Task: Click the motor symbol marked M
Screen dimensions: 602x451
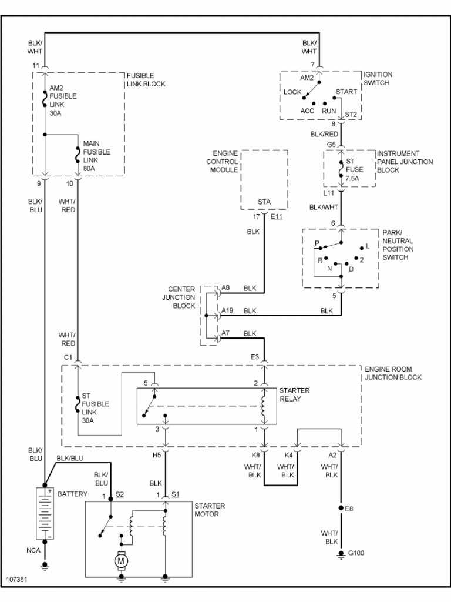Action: tap(122, 561)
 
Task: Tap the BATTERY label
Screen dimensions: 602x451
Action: tap(72, 494)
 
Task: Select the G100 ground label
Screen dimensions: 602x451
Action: tap(356, 553)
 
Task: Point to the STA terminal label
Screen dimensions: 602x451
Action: tap(264, 202)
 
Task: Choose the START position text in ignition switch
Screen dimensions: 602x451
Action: tap(346, 92)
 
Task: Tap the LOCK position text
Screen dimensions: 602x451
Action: tap(292, 92)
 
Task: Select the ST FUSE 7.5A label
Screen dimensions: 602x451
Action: tap(352, 170)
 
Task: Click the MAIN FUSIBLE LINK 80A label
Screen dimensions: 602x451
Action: tap(96, 156)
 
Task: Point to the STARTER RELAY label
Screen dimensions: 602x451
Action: tap(294, 394)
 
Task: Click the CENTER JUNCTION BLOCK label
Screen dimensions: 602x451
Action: tap(179, 297)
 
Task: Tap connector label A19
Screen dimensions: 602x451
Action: tap(228, 310)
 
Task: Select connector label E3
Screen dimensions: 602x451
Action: tap(254, 357)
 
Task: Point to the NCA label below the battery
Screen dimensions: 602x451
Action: tap(33, 551)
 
